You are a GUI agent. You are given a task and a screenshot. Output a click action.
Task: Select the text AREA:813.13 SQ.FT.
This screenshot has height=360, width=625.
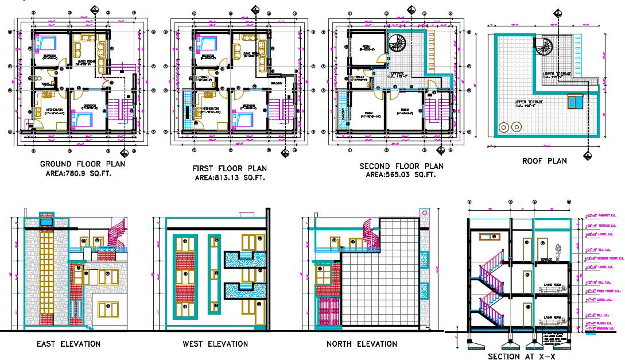click(x=228, y=177)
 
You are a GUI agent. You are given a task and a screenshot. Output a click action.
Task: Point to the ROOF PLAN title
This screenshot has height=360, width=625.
click(x=544, y=161)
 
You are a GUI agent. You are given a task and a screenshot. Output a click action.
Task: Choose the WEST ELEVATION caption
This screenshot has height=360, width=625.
click(x=215, y=344)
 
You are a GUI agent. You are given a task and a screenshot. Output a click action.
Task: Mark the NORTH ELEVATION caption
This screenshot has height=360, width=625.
click(x=362, y=344)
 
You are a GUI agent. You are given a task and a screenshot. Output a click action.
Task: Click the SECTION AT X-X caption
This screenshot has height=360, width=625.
click(x=521, y=357)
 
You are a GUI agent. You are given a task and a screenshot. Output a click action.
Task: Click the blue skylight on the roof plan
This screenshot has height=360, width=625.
click(x=575, y=102)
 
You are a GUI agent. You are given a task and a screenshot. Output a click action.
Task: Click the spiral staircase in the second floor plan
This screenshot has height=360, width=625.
click(x=397, y=44)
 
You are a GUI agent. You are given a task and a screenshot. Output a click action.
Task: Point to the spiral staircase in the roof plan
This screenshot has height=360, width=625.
click(x=544, y=46)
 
